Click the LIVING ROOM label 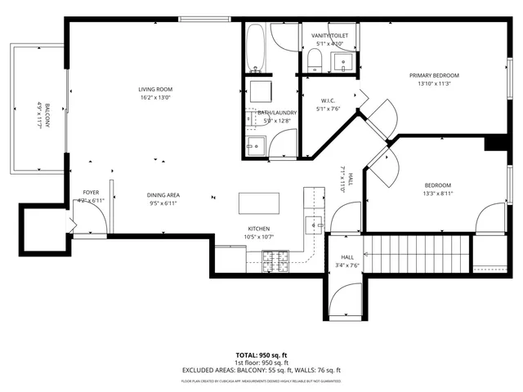coord(154,89)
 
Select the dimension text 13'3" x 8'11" coord(438,194)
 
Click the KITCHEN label coord(259,229)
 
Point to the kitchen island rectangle coord(258,203)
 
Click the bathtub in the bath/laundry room coord(254,47)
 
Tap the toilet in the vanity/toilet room coord(313,56)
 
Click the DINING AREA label coord(163,194)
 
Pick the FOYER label coord(90,193)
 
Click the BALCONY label coord(47,110)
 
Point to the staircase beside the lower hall coord(417,253)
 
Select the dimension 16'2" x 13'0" coord(154,98)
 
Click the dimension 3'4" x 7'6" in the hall coord(348,265)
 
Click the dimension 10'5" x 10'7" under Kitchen coord(259,238)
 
